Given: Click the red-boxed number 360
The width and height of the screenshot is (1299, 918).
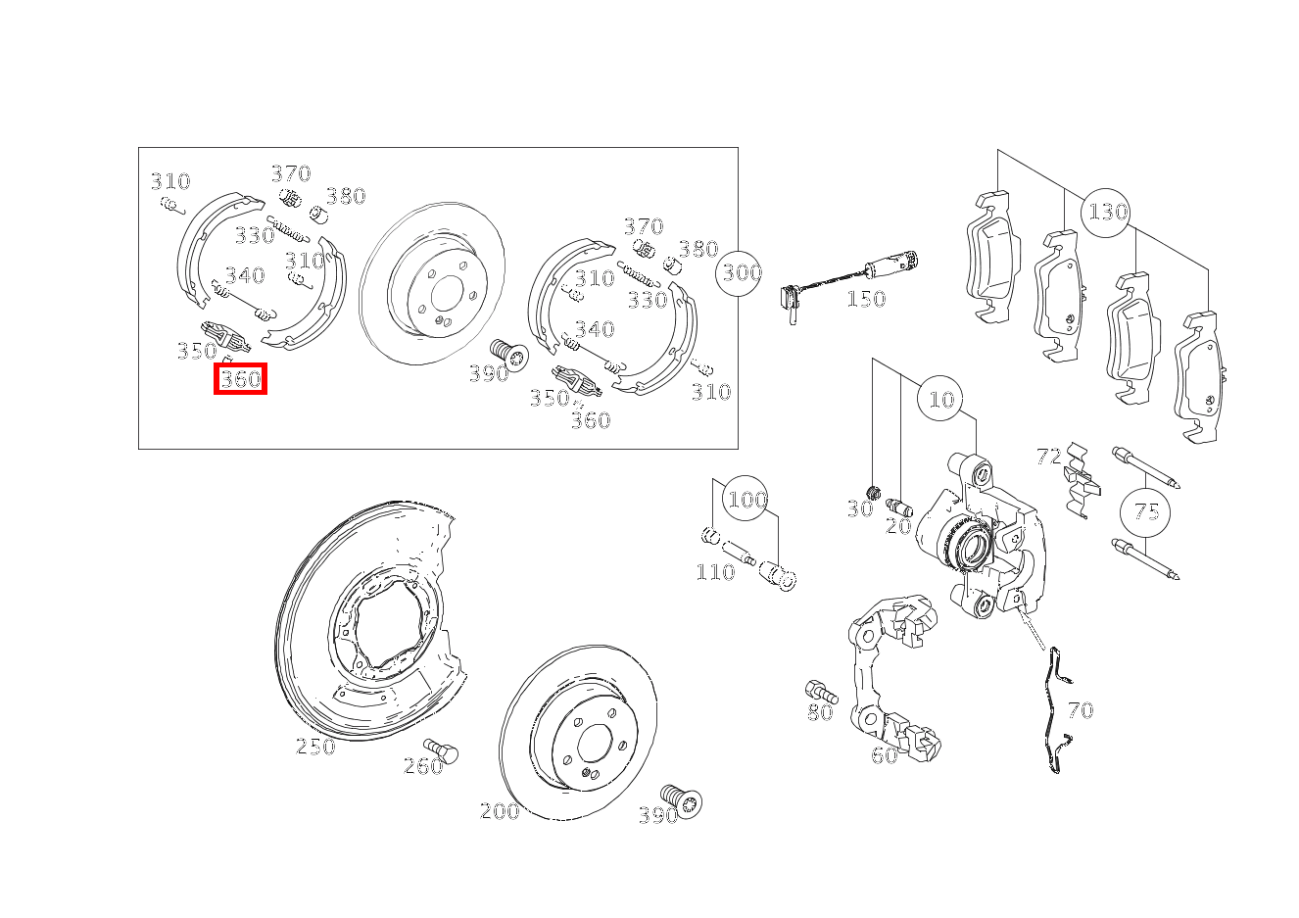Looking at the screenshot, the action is (x=241, y=379).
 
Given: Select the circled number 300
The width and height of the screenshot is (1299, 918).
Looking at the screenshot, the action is (x=739, y=272).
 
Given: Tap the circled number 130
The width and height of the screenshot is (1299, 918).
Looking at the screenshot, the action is (x=1106, y=213).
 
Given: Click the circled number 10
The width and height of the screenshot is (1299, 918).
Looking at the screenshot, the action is (x=940, y=399).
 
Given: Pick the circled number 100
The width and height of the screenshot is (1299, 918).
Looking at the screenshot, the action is (x=746, y=500).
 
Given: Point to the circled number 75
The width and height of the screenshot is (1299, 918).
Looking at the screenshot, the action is (x=1145, y=512).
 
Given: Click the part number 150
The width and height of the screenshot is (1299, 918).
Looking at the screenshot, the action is (x=866, y=299).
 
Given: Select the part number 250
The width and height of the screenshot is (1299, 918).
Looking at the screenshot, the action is (x=315, y=747).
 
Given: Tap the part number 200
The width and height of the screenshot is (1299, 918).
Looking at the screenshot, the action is (x=500, y=810).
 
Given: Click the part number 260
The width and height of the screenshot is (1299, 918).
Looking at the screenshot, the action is (x=423, y=766).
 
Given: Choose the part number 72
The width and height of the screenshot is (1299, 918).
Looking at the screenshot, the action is (x=1048, y=457).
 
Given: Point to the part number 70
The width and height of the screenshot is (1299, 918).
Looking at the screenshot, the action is (x=1081, y=710).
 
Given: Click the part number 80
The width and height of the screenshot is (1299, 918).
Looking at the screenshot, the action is (x=820, y=712).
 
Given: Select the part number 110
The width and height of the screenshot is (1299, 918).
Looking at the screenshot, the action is (x=715, y=572).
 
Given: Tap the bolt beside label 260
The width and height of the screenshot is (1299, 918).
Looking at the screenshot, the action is (x=441, y=749).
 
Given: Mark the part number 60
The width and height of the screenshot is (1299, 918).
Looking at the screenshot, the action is (x=884, y=755).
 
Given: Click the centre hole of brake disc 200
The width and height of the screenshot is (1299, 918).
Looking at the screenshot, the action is (x=595, y=743).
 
